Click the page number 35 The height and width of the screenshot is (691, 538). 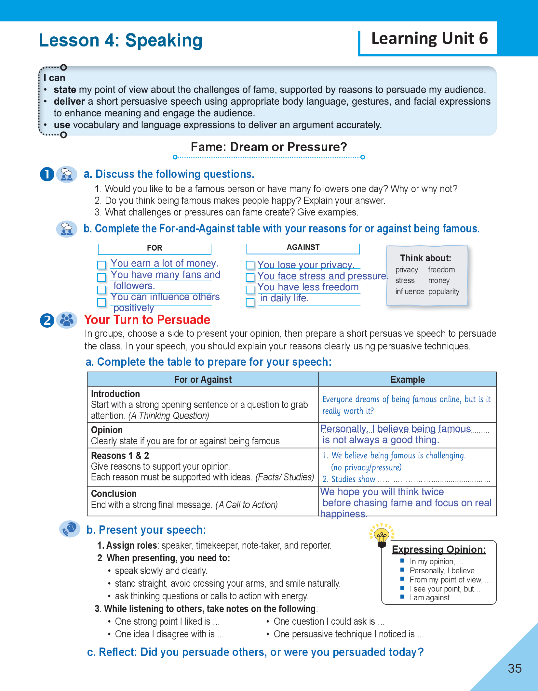(515, 668)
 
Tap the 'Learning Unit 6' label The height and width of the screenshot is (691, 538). (429, 39)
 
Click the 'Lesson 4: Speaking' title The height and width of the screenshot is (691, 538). (120, 41)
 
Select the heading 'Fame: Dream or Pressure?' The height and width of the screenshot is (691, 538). (269, 147)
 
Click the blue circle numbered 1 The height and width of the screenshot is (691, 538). (47, 174)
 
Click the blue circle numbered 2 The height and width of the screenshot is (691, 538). (47, 320)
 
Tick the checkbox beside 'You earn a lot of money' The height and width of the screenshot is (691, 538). (102, 265)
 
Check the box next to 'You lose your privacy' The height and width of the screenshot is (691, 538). (250, 265)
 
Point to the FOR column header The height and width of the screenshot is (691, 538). (155, 248)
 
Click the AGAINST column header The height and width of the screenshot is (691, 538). (303, 247)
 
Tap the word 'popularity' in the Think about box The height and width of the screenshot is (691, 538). (444, 292)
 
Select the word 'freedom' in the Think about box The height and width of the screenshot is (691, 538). (441, 270)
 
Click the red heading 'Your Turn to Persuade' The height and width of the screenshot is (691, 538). (147, 320)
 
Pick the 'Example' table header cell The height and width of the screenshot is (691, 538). (407, 380)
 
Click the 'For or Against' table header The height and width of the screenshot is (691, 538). (203, 380)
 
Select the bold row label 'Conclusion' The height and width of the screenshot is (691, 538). (114, 494)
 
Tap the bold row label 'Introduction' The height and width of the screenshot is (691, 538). (115, 394)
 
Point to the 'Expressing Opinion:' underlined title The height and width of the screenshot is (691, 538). (439, 549)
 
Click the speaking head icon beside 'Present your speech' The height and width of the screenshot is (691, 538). (70, 529)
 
